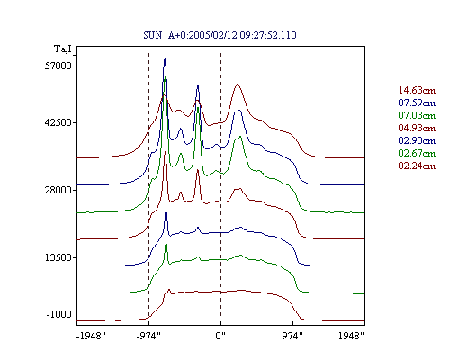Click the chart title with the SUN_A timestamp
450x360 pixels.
220,35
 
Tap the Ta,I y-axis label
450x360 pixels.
63,49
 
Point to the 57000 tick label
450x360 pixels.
58,66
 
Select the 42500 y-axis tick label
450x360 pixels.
58,122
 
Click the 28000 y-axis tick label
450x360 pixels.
58,190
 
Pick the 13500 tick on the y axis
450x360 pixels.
58,257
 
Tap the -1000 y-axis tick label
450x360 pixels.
59,314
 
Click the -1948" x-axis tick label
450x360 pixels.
91,336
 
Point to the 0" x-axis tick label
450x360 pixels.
220,336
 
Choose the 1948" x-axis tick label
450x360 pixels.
351,336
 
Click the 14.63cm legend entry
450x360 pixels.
417,90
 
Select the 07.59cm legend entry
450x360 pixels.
417,103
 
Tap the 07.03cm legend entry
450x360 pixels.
417,115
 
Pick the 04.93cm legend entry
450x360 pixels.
417,128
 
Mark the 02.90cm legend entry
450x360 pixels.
417,140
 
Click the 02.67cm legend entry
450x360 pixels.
417,153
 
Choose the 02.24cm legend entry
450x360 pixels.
417,166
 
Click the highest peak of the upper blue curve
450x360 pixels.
165,59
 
